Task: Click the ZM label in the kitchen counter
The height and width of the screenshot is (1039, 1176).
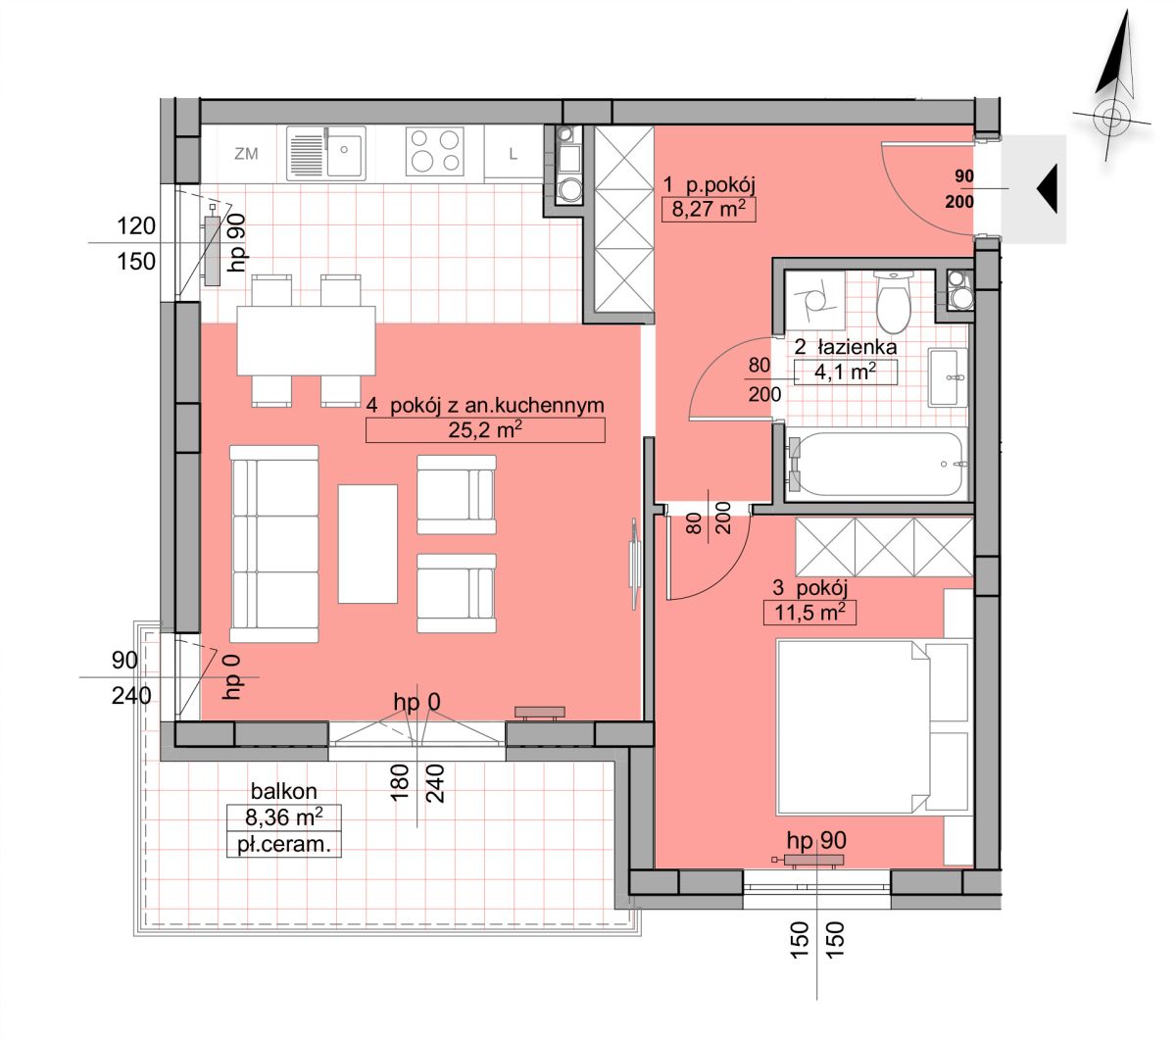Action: point(246,153)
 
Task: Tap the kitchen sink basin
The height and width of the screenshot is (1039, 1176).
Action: point(345,153)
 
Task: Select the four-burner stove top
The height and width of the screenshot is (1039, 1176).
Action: point(435,151)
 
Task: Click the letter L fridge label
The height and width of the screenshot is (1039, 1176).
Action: point(513,154)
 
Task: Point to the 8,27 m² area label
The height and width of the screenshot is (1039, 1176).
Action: point(709,209)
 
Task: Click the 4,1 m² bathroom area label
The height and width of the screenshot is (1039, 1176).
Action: point(845,371)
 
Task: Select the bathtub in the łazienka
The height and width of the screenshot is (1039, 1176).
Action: point(876,464)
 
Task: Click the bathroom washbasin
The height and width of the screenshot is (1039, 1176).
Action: point(948,377)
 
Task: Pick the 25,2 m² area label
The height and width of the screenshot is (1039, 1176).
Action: point(485,429)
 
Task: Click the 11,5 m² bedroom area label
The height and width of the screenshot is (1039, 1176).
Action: point(809,613)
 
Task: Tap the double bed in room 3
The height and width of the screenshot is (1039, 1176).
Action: point(873,726)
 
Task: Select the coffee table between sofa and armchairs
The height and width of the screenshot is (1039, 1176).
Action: point(367,544)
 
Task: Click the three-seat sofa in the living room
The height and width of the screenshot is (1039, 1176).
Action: point(274,544)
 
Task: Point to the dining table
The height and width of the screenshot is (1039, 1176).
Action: point(306,341)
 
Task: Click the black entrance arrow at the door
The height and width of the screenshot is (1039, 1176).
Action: point(1047,189)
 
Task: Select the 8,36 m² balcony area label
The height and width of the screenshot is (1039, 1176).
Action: point(284,817)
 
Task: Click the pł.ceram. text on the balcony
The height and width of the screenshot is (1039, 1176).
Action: point(284,845)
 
